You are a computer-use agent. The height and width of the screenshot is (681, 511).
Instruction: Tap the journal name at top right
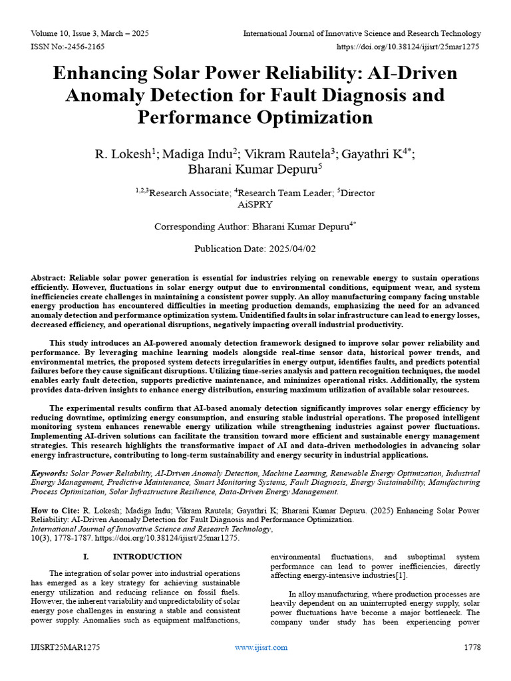[x=361, y=33]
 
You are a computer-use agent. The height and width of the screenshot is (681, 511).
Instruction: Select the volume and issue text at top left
[x=90, y=33]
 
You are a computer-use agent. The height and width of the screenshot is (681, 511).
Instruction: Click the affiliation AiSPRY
[x=255, y=205]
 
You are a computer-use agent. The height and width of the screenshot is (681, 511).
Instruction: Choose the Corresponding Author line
[x=255, y=226]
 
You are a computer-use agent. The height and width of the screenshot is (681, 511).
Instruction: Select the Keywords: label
[x=50, y=473]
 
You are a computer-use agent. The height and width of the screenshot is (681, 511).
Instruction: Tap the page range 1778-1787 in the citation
[x=71, y=538]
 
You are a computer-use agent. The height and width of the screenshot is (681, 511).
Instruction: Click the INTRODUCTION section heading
[x=147, y=557]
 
